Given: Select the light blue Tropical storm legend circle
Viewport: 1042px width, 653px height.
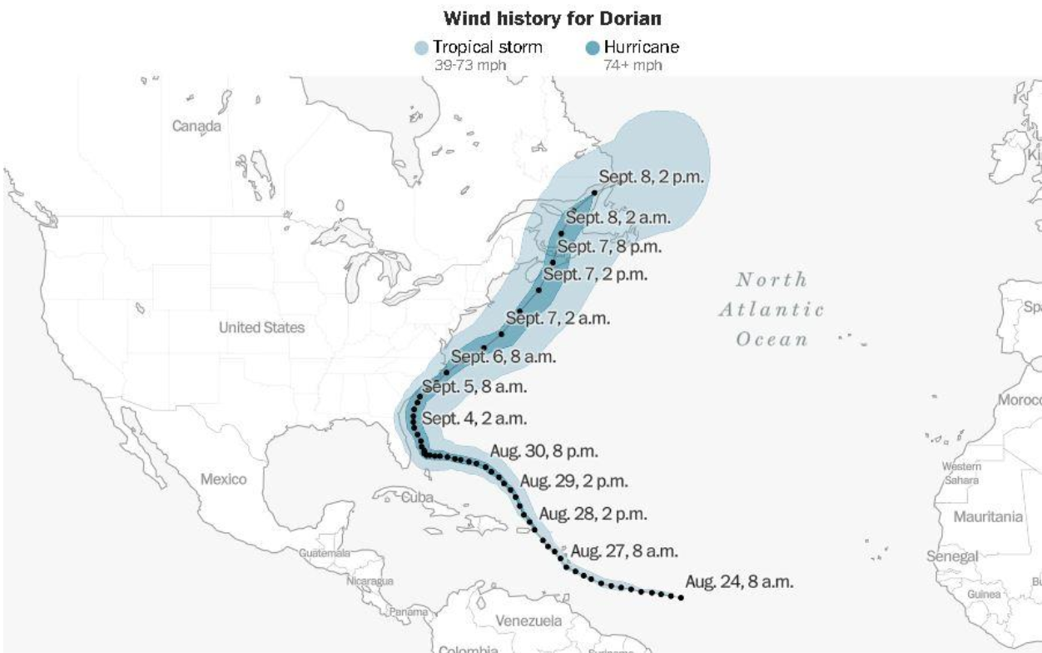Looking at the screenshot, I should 422,48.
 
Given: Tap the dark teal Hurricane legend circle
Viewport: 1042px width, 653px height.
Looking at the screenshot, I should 592,48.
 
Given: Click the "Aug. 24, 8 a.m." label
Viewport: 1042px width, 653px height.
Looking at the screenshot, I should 739,581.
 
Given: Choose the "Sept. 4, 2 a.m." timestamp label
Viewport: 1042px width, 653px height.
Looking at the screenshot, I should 474,418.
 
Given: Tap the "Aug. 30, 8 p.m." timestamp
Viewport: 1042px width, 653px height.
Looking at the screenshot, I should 543,451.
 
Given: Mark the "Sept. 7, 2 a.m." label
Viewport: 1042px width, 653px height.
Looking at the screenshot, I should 558,318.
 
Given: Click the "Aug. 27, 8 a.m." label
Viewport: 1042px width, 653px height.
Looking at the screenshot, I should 624,551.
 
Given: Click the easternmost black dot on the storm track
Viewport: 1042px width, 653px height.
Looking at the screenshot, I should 681,597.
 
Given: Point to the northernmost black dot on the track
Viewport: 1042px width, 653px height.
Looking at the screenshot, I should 595,193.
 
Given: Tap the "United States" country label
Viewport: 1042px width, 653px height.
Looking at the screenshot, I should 261,327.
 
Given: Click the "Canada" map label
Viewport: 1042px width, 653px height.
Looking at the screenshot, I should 196,127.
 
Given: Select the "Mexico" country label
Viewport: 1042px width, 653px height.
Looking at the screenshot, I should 223,479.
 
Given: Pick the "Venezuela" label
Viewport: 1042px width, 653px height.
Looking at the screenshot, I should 528,621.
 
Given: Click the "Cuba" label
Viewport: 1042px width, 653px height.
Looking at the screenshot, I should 419,498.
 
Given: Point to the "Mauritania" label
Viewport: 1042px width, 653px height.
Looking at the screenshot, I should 988,516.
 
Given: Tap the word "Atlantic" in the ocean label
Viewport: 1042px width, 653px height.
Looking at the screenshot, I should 771,310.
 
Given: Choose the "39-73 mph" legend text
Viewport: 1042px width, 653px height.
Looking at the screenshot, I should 459,64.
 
